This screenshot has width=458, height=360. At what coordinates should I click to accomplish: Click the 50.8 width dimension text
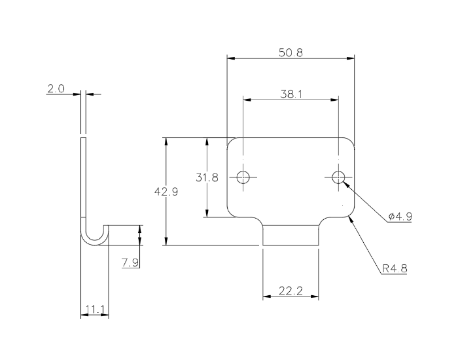point(291,53)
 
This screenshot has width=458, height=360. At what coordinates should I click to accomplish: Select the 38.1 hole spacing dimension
point(291,94)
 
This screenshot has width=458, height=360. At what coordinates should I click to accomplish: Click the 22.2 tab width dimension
point(291,291)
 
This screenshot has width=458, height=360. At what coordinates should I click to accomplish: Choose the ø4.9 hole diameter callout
point(399,217)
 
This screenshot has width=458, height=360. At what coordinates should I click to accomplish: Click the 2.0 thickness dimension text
point(56,89)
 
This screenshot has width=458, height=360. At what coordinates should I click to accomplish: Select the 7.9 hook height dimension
point(130,262)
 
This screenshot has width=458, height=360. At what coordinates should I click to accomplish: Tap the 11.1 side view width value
point(94,309)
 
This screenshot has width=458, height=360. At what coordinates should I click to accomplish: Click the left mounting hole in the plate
point(243,177)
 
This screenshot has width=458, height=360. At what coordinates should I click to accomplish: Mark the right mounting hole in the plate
point(338,177)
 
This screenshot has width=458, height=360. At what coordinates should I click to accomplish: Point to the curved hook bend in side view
point(94,237)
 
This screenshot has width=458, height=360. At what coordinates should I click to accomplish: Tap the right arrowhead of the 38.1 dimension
point(336,99)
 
